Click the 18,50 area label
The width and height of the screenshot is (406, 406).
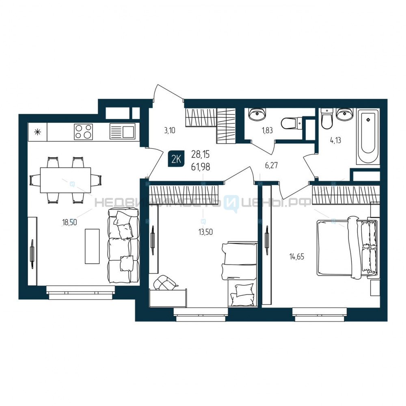(x=69, y=222)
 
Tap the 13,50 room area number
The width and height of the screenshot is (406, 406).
(x=205, y=232)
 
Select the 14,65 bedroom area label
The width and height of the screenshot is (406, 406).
(x=297, y=257)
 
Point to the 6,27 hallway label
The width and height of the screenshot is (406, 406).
(x=271, y=165)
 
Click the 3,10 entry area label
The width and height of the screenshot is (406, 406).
(x=170, y=130)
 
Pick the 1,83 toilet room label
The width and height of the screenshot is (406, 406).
(x=267, y=130)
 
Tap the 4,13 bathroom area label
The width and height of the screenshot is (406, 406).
(x=336, y=140)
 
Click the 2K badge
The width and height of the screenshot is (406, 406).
(x=176, y=159)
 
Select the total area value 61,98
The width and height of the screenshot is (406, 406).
(x=201, y=167)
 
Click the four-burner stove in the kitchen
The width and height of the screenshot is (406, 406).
(x=83, y=132)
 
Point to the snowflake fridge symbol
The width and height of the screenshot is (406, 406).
(x=38, y=132)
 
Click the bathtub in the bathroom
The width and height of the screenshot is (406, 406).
(x=368, y=136)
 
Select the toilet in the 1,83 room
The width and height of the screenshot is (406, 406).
(x=292, y=123)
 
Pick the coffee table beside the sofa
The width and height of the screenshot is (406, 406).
(x=92, y=246)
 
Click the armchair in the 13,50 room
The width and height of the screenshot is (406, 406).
(x=165, y=283)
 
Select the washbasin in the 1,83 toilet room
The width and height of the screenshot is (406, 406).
(x=257, y=114)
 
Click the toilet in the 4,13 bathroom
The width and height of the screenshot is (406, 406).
(x=327, y=119)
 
